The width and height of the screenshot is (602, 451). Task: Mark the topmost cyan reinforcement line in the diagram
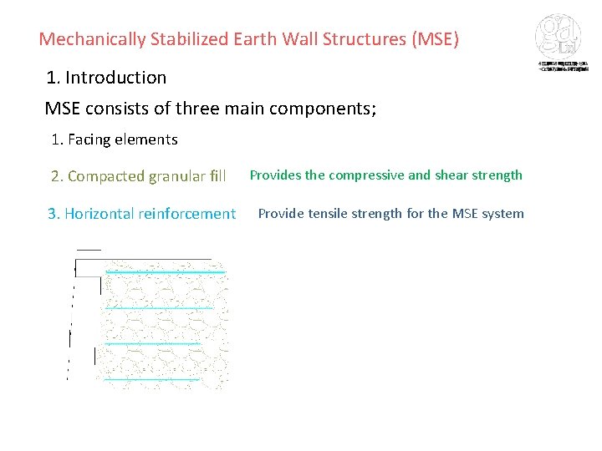(x=166, y=271)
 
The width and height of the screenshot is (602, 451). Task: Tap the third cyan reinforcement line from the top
(x=154, y=343)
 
